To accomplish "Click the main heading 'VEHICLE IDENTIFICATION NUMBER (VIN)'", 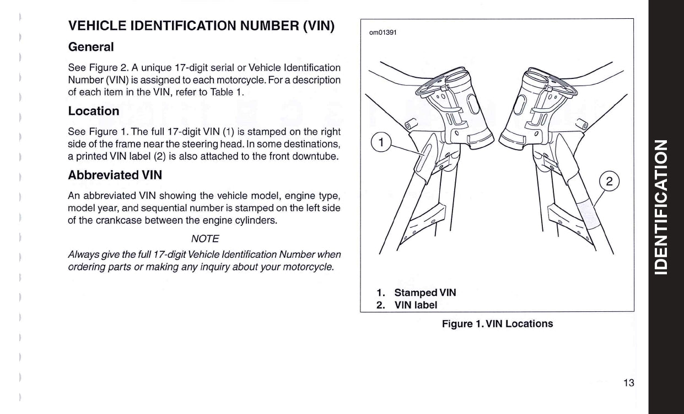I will (x=201, y=26).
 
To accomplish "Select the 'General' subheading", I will (x=91, y=47).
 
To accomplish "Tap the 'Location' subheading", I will (x=94, y=111).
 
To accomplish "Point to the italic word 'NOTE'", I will (x=204, y=238).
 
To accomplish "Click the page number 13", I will (x=629, y=383).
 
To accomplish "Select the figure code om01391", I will (x=383, y=32).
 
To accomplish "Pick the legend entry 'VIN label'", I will (x=416, y=305).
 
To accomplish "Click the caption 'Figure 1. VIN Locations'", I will (x=497, y=324).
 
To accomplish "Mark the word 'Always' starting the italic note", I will (x=80, y=254).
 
